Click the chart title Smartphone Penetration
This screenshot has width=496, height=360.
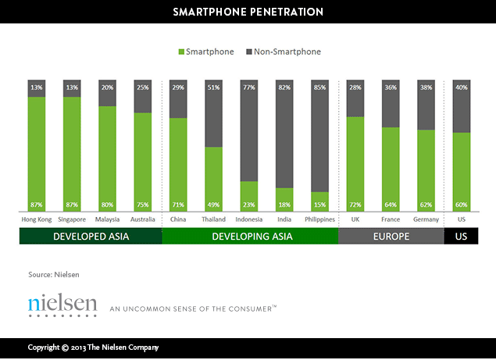[x=248, y=12]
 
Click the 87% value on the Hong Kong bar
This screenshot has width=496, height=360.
[x=37, y=205]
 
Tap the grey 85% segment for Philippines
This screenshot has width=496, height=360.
[x=319, y=137]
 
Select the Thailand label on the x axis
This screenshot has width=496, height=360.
[x=213, y=219]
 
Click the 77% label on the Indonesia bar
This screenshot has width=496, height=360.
[x=248, y=87]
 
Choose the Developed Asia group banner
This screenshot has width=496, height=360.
[x=91, y=236]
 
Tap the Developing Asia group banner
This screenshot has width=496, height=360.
[x=250, y=236]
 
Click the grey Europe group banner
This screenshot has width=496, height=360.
[x=391, y=236]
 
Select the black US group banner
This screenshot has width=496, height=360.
[x=461, y=236]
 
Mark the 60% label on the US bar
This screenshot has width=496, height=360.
[x=461, y=205]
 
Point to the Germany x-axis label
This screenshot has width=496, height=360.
[x=426, y=219]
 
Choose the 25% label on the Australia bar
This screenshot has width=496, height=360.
[x=143, y=87]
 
